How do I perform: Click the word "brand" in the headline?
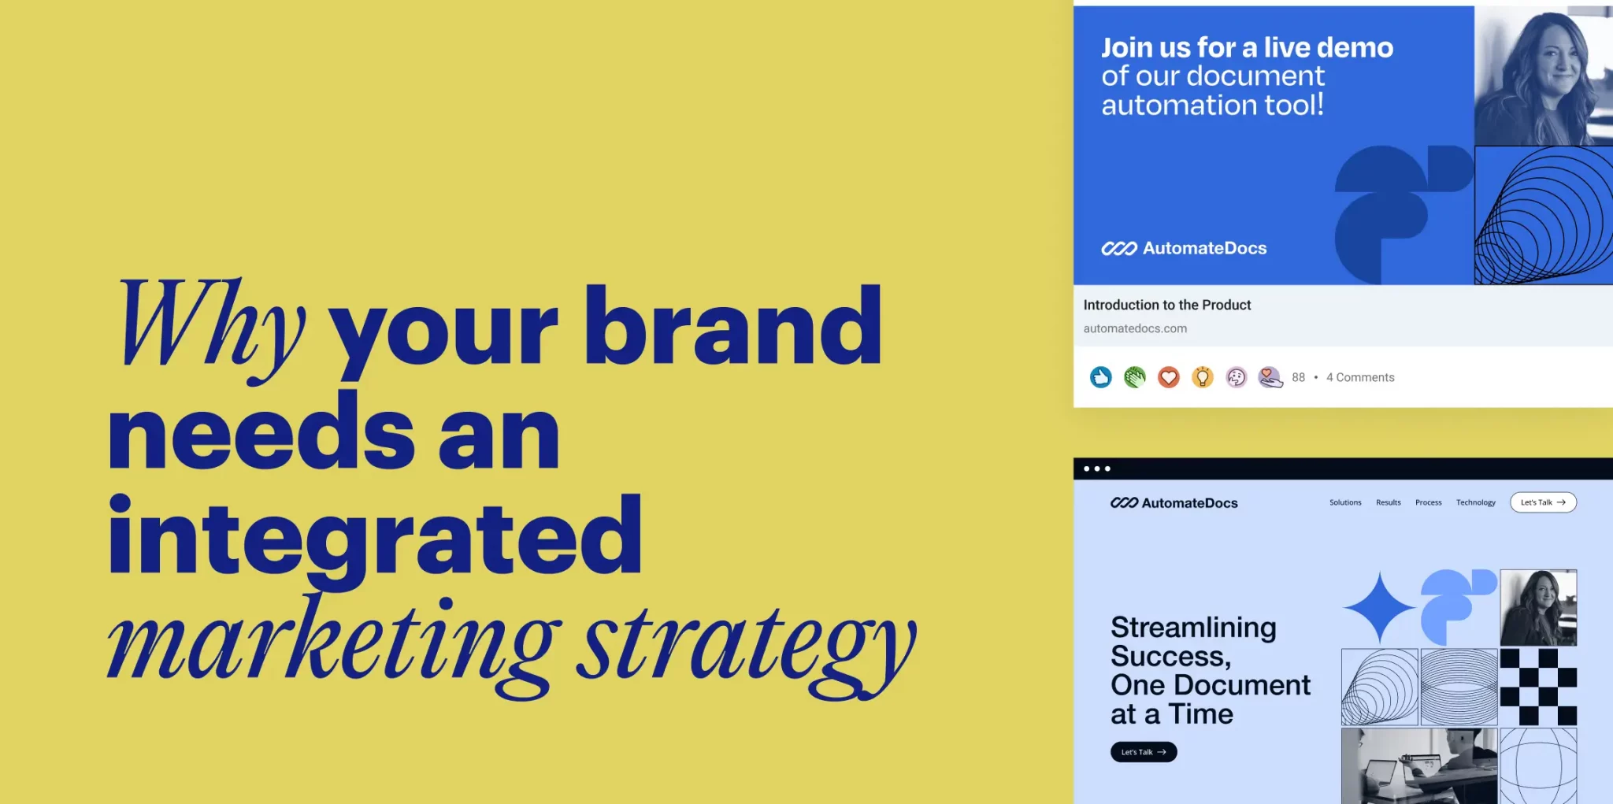tap(733, 325)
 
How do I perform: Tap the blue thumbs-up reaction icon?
tap(1100, 378)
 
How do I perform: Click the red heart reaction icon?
tap(1169, 378)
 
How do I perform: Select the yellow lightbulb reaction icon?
tap(1203, 378)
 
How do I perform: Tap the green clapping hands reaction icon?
tap(1135, 378)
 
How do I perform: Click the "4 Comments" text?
tap(1360, 378)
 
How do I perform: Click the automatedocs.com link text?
tap(1135, 328)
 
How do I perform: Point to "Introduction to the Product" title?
tap(1167, 305)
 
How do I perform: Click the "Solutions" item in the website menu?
tap(1345, 502)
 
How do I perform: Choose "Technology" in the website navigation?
tap(1476, 502)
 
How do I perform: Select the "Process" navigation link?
tap(1429, 502)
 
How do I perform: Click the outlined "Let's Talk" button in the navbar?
tap(1543, 502)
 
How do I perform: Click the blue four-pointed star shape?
tap(1380, 608)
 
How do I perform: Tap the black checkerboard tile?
tap(1538, 687)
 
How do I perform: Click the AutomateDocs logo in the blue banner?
tap(1184, 249)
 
